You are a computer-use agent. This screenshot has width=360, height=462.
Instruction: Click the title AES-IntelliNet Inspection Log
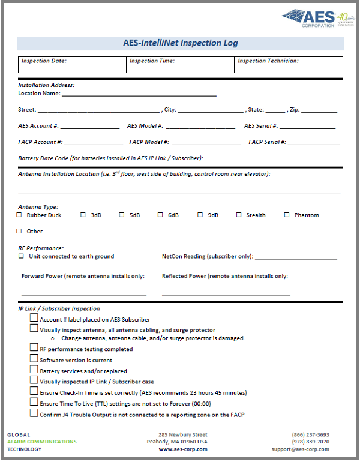[x=180, y=43]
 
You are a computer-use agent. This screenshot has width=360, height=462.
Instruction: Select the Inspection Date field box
[x=72, y=64]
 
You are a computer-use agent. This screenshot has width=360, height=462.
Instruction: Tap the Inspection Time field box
[x=180, y=64]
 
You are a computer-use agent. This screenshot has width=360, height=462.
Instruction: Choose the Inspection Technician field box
[x=289, y=64]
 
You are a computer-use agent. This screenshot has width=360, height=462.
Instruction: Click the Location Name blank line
[x=139, y=95]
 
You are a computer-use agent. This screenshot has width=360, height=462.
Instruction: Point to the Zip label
[x=293, y=110]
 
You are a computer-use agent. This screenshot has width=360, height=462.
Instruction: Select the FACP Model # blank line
[x=207, y=143]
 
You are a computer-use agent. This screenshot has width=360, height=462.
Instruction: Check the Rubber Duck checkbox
[x=19, y=215]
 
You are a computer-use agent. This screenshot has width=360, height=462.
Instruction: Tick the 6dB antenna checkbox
[x=161, y=215]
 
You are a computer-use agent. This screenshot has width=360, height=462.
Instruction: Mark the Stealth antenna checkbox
[x=239, y=215]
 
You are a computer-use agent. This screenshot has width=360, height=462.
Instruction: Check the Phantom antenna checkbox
[x=287, y=215]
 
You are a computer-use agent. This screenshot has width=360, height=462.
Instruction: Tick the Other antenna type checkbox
[x=19, y=231]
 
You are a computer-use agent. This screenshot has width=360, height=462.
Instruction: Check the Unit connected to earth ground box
[x=22, y=256]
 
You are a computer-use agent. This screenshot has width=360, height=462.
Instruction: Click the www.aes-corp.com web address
[x=182, y=449]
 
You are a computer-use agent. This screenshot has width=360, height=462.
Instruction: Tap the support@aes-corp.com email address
[x=300, y=449]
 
